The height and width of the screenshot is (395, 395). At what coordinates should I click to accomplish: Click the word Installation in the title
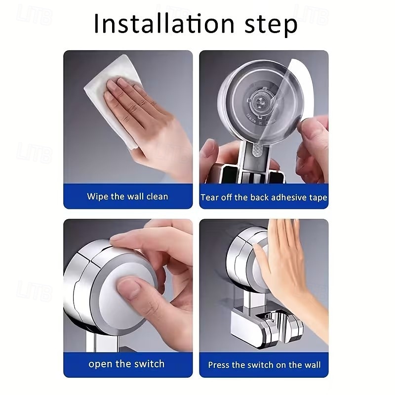(x=164, y=24)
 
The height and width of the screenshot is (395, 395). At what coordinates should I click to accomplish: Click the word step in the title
(x=271, y=26)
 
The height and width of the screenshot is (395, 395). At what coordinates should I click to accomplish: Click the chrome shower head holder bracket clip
(x=282, y=327)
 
